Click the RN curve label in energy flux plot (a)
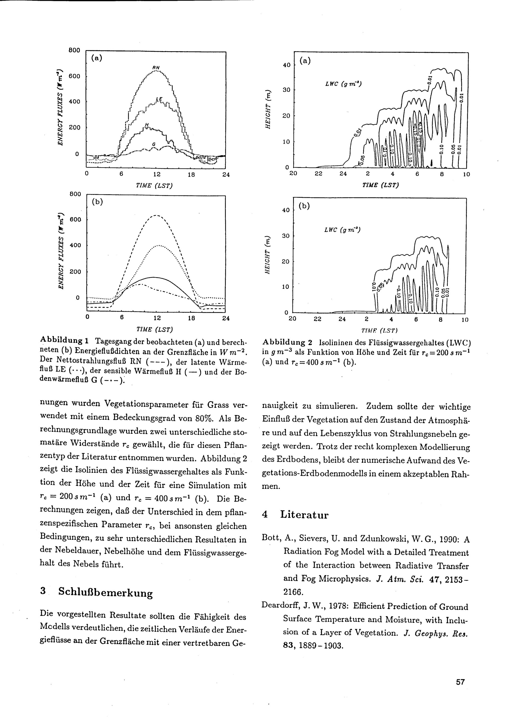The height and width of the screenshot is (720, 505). pyautogui.click(x=156, y=67)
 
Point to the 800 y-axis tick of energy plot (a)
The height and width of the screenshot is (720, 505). pyautogui.click(x=75, y=50)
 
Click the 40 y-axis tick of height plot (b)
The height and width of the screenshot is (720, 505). pyautogui.click(x=286, y=210)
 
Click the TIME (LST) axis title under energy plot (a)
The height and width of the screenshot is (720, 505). pyautogui.click(x=154, y=186)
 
